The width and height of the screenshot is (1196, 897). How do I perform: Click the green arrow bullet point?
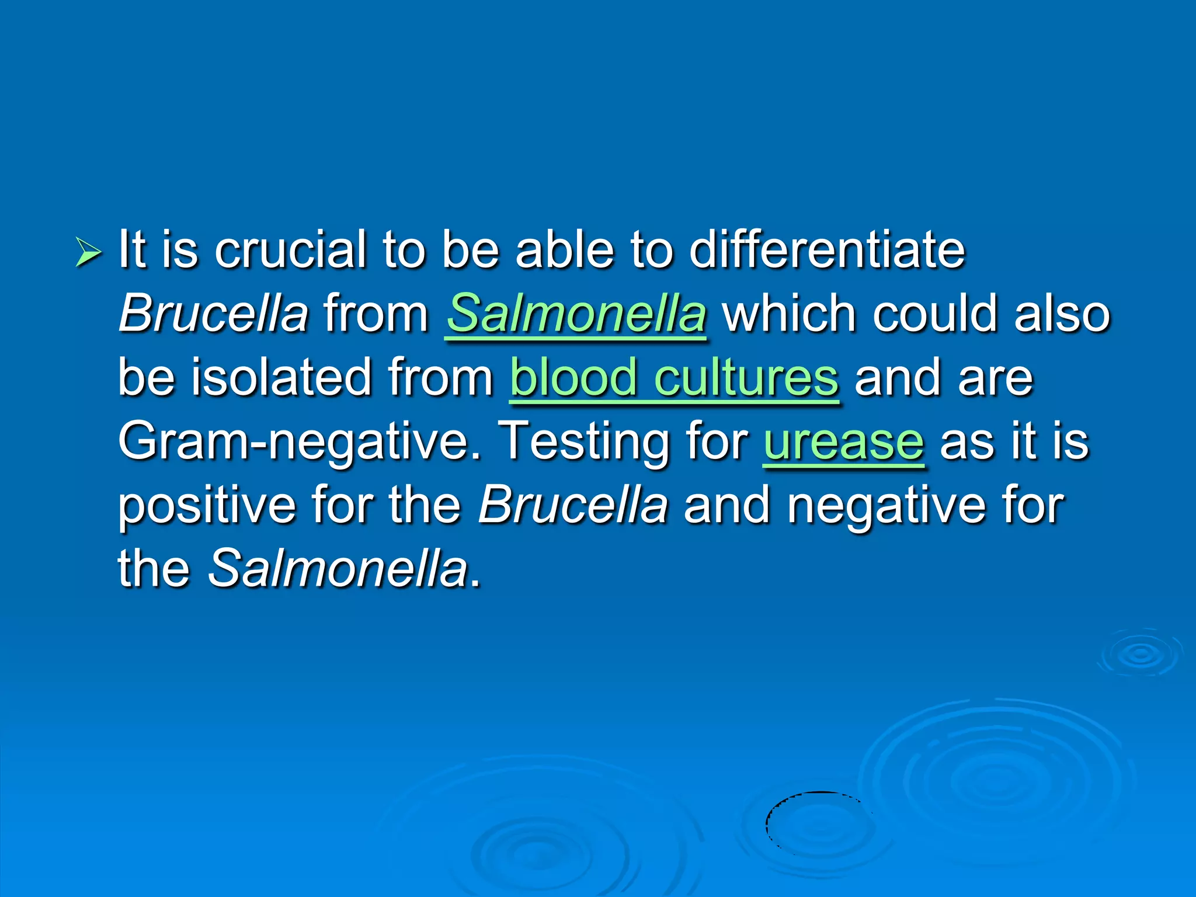[88, 253]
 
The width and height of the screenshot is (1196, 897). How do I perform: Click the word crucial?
[290, 250]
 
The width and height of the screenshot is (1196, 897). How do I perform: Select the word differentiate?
[826, 250]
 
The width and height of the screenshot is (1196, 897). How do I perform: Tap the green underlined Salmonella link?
[576, 314]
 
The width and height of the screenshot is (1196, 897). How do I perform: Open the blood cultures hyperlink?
[674, 377]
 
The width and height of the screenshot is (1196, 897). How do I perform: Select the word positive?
[207, 506]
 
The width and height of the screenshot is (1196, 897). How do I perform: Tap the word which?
[790, 314]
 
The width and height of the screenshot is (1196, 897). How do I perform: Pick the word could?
[935, 314]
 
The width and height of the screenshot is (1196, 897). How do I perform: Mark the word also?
[1062, 314]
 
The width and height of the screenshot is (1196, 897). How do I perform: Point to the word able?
[565, 250]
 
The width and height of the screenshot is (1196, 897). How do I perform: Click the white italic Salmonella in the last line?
[338, 568]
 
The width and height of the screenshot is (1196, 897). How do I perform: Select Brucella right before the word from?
[213, 314]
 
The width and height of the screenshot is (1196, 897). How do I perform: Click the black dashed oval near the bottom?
[819, 824]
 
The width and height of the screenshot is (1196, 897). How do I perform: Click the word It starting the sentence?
[132, 250]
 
